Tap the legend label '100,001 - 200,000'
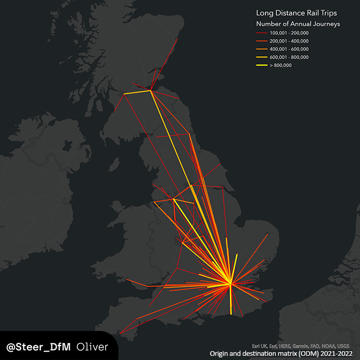pyautogui.click(x=289, y=33)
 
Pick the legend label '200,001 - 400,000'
pyautogui.click(x=289, y=41)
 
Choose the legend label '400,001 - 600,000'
pyautogui.click(x=289, y=49)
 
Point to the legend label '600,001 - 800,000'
pyautogui.click(x=289, y=57)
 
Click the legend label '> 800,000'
pyautogui.click(x=281, y=65)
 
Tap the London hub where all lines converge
pyautogui.click(x=230, y=284)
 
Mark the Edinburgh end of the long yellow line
pyautogui.click(x=151, y=90)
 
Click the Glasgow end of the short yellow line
pyautogui.click(x=125, y=94)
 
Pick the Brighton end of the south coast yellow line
pyautogui.click(x=231, y=313)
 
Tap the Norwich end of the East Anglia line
pyautogui.click(x=268, y=235)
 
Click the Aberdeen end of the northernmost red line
pyautogui.click(x=178, y=39)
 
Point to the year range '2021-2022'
pyautogui.click(x=340, y=354)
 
